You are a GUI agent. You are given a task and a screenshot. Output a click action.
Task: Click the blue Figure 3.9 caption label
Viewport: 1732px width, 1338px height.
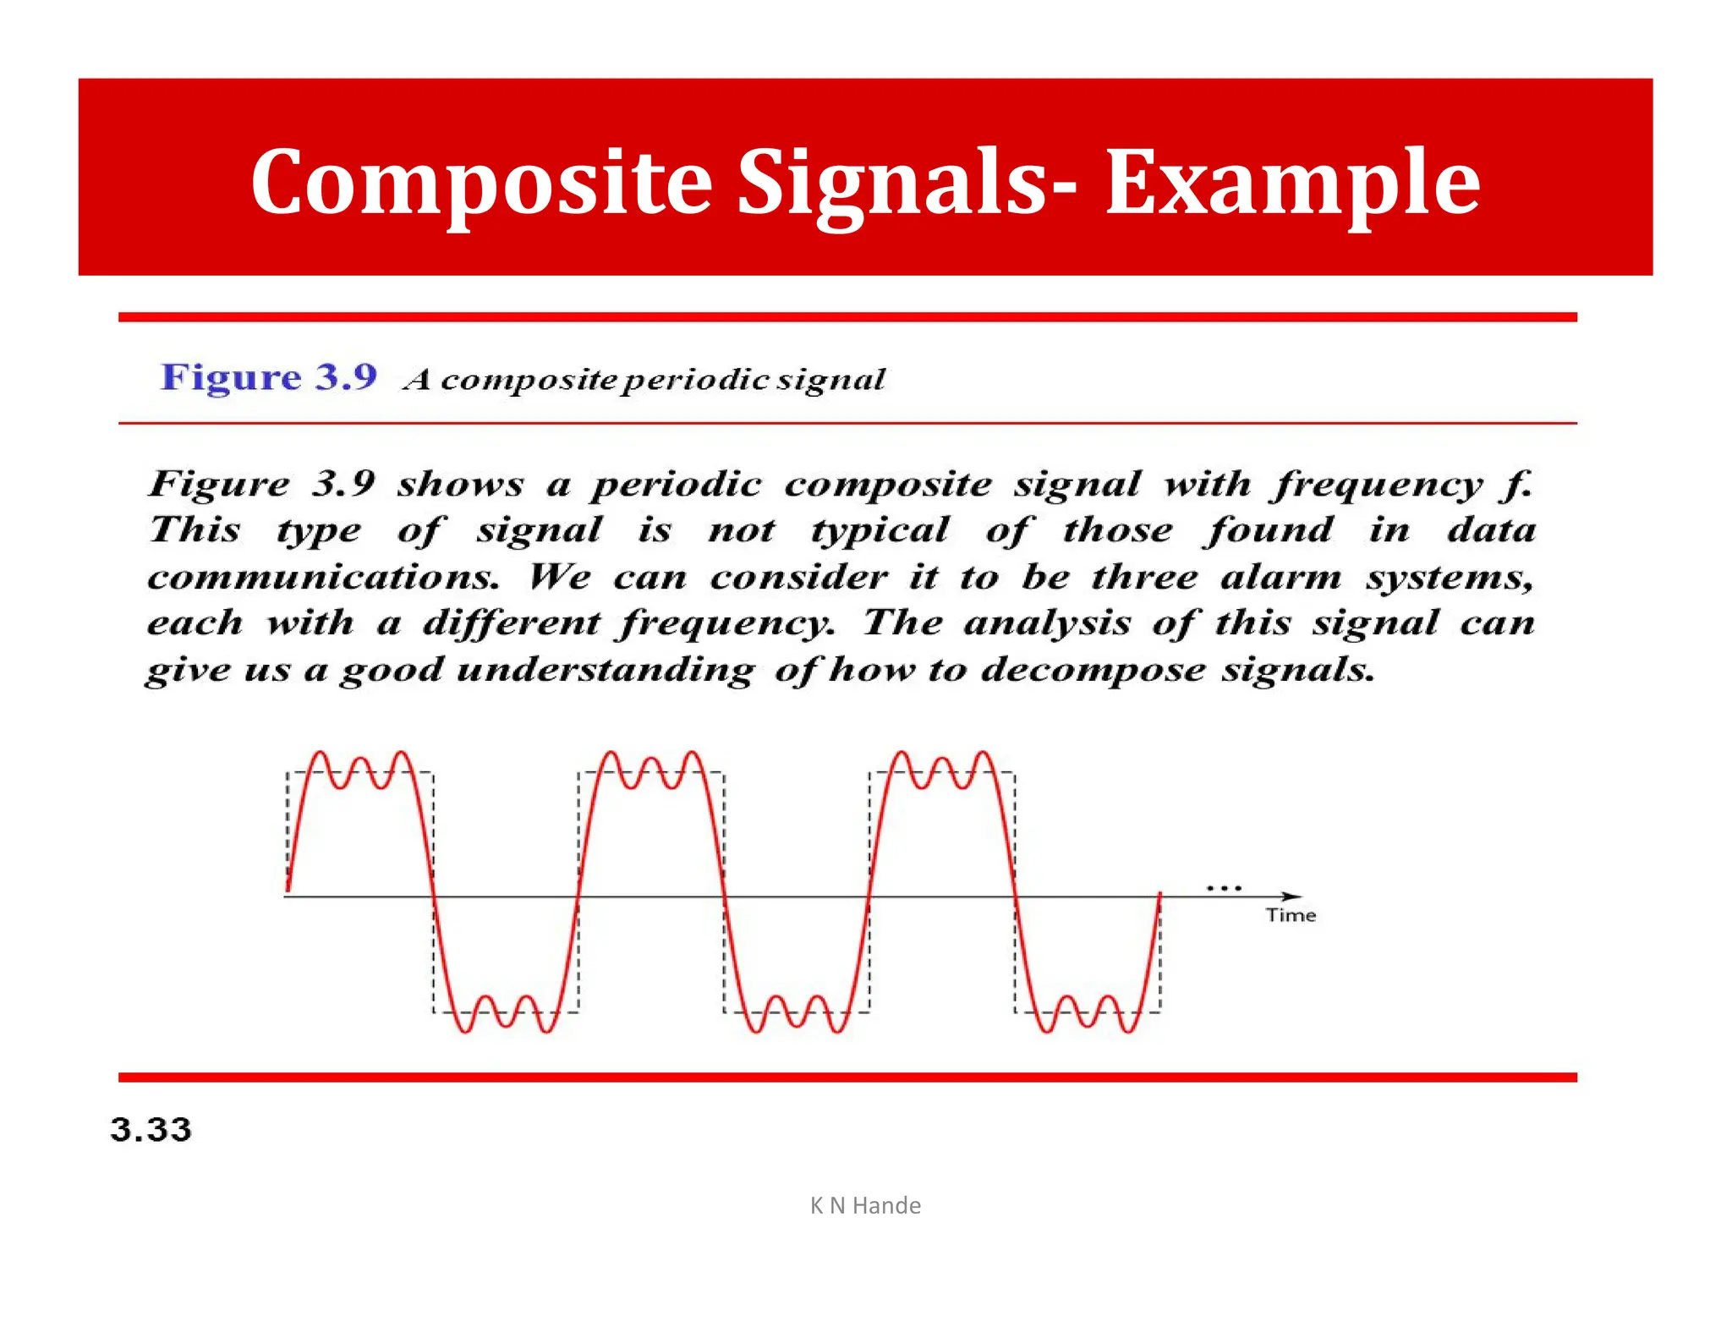click(x=269, y=377)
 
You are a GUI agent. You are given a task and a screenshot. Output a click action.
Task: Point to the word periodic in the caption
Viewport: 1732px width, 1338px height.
click(x=696, y=381)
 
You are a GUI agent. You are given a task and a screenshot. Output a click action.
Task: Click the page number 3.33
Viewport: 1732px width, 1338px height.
click(x=151, y=1130)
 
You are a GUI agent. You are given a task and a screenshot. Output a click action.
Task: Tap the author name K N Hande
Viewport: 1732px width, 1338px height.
click(x=865, y=1205)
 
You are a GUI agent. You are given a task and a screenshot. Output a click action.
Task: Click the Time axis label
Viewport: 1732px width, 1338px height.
click(x=1291, y=915)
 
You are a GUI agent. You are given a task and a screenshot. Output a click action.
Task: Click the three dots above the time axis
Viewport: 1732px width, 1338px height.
click(x=1224, y=888)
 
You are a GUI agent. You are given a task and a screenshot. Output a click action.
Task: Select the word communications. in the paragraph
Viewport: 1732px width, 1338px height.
click(x=323, y=578)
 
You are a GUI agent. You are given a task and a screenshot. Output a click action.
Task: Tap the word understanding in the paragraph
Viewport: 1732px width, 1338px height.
click(x=606, y=671)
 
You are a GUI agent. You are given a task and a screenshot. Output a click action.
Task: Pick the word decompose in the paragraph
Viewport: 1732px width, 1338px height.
click(x=1093, y=671)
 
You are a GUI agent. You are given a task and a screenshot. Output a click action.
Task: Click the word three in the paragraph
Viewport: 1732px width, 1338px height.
click(x=1145, y=578)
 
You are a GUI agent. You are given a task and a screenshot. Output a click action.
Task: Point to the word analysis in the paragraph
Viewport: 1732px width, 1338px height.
click(x=1047, y=624)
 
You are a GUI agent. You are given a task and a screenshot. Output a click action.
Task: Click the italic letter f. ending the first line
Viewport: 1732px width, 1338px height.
click(x=1519, y=485)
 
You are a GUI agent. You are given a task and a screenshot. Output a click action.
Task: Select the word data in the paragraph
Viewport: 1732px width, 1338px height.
click(x=1492, y=531)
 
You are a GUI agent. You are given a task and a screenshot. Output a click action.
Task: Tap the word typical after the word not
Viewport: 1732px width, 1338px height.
click(x=880, y=531)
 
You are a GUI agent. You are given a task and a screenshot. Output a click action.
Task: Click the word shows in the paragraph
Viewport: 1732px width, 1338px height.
click(x=461, y=485)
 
